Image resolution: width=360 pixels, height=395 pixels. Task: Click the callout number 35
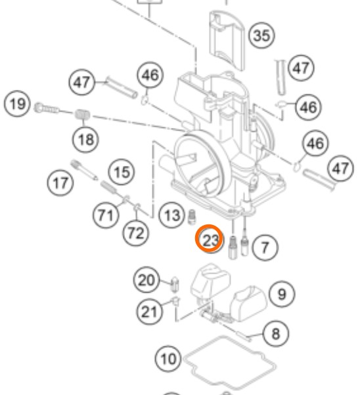[261, 35]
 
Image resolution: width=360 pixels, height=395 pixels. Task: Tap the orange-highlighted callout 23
[210, 239]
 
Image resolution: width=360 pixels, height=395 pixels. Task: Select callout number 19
[17, 104]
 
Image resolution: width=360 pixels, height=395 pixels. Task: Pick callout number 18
[85, 139]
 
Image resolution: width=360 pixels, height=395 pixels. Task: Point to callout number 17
[60, 182]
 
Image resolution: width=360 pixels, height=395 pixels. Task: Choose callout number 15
[122, 172]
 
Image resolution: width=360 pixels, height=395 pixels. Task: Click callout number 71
[106, 215]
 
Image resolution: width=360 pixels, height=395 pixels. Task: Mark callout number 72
[136, 233]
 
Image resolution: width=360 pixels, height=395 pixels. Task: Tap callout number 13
[172, 215]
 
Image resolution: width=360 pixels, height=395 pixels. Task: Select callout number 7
[265, 247]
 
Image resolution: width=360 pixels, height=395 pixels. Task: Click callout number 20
[146, 280]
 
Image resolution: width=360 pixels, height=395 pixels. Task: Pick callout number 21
[149, 312]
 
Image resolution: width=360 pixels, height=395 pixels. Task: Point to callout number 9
[282, 294]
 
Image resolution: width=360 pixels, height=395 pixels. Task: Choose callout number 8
[276, 334]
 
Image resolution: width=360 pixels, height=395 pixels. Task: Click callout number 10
[168, 358]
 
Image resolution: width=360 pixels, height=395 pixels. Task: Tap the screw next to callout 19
[47, 108]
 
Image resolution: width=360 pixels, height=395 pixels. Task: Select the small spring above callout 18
[83, 115]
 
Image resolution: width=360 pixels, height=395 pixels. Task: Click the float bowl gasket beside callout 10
[229, 363]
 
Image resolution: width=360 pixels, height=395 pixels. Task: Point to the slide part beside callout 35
[227, 40]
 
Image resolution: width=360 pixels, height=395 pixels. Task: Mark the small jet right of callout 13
[192, 217]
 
